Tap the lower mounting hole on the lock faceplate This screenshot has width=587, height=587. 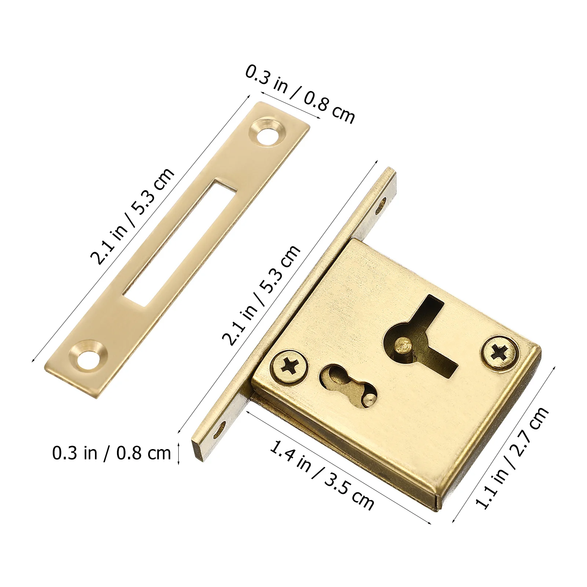click(222, 428)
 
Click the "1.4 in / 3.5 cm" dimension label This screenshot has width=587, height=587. click(321, 475)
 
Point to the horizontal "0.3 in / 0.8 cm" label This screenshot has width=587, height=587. click(112, 453)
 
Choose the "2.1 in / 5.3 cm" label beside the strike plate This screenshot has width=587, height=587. click(132, 216)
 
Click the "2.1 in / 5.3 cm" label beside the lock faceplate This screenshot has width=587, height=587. click(261, 296)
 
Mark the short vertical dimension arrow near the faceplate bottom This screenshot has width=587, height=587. click(179, 453)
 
